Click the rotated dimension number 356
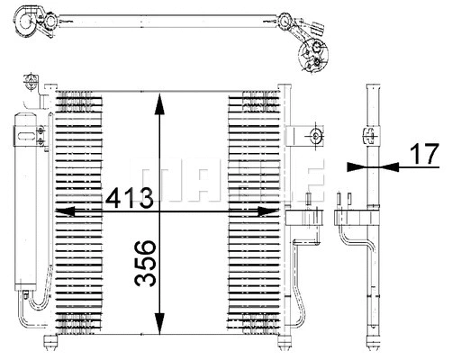[x=145, y=263]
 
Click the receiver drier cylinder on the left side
[x=26, y=198]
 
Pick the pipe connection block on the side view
[x=355, y=217]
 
